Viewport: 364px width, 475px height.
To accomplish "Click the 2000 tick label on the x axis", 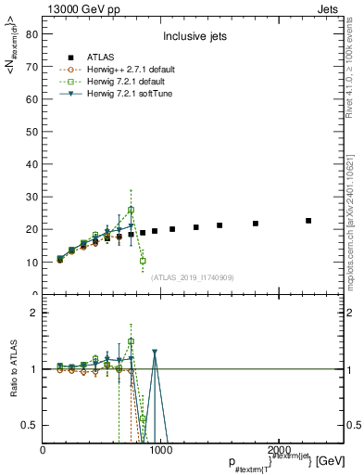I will pos(276,449).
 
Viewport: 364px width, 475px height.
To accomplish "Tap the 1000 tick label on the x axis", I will pos(159,449).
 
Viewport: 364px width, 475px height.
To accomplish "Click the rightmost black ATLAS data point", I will pos(308,221).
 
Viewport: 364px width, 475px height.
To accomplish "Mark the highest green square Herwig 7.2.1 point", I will pos(131,210).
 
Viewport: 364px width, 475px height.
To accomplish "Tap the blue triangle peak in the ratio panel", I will pos(154,353).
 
